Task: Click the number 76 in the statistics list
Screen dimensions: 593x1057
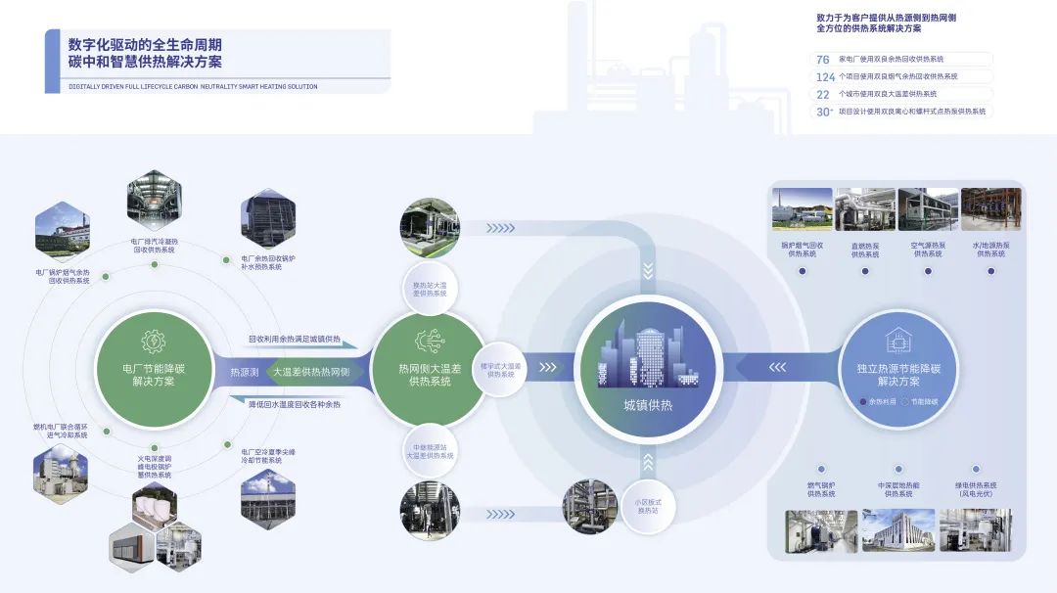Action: pos(823,60)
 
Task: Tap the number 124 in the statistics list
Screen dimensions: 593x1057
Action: pos(825,76)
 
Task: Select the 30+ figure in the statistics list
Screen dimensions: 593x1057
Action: pos(824,112)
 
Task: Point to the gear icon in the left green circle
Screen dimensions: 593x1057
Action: pos(154,342)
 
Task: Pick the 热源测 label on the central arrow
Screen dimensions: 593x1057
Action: pos(244,373)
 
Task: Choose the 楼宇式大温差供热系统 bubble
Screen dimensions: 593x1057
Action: pos(498,369)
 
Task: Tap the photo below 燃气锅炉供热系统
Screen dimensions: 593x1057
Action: pos(820,530)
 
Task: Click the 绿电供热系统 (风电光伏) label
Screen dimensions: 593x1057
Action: pos(976,489)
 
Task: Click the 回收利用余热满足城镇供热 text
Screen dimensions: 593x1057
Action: pos(294,340)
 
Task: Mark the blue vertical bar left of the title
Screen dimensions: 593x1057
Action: pos(52,61)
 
